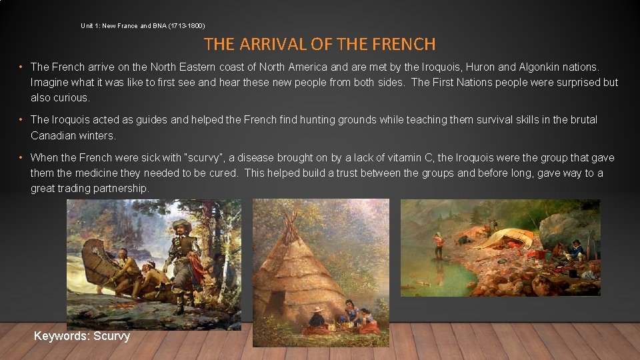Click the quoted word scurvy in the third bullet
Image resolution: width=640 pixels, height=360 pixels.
click(x=207, y=158)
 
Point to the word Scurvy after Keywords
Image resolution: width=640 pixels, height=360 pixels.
click(x=111, y=336)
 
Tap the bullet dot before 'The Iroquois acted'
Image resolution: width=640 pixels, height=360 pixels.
click(x=22, y=120)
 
